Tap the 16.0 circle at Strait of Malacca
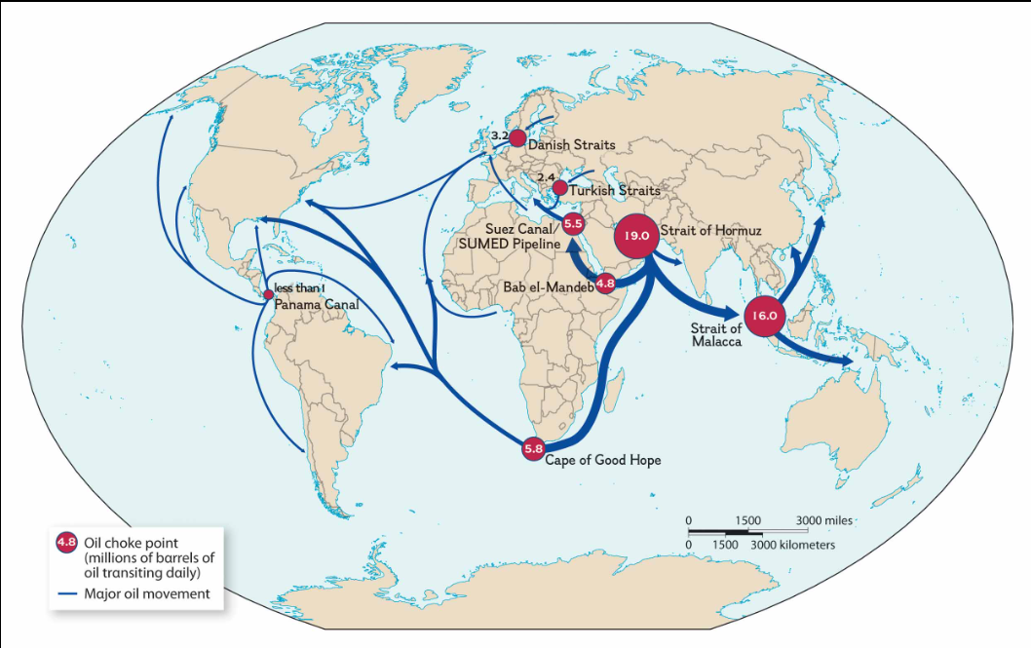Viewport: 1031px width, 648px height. click(x=765, y=315)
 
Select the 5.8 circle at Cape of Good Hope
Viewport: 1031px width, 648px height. click(x=533, y=449)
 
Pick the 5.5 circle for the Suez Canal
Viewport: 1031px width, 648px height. click(x=573, y=224)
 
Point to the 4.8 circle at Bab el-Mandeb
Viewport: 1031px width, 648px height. click(x=605, y=284)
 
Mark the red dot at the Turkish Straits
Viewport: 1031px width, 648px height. click(x=559, y=187)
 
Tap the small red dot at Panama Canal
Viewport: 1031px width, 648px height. click(x=269, y=294)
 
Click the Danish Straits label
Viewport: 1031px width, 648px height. click(x=571, y=145)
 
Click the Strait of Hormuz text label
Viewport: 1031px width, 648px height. click(x=709, y=231)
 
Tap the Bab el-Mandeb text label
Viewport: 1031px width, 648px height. click(x=548, y=287)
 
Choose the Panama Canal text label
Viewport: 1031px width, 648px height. click(x=316, y=304)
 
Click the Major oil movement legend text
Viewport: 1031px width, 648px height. click(x=146, y=593)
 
